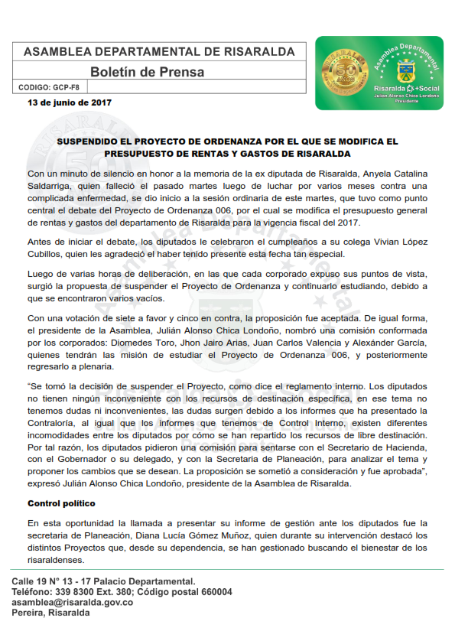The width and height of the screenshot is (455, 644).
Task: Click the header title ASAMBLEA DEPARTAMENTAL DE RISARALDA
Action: [x=159, y=51]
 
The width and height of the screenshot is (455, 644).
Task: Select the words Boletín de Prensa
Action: [x=148, y=72]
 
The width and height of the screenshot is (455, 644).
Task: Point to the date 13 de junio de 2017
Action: [x=70, y=102]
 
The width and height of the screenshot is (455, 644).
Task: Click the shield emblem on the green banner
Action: [x=405, y=73]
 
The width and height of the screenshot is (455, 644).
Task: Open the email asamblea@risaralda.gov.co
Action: [x=73, y=603]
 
